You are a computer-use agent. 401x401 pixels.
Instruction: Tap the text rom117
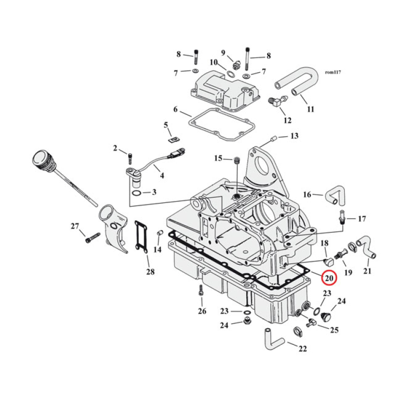pos(333,73)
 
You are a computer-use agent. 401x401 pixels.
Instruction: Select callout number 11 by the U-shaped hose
pos(310,109)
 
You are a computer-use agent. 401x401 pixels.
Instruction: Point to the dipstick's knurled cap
pos(41,161)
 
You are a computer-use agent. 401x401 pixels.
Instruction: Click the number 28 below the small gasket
pos(150,272)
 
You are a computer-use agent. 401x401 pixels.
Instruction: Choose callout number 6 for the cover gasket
pos(175,110)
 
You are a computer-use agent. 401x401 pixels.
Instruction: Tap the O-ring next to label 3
pos(136,192)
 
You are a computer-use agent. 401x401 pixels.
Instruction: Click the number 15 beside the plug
pos(218,159)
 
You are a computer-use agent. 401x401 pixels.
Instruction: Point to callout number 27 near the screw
pos(75,226)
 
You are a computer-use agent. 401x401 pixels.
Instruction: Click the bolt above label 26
pos(200,291)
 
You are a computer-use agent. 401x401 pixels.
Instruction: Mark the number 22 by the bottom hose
pos(302,349)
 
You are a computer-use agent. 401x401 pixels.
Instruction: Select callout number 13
pos(294,136)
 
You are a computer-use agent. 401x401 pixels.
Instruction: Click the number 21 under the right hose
pos(367,271)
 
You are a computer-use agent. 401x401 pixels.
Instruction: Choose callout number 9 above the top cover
pos(224,53)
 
